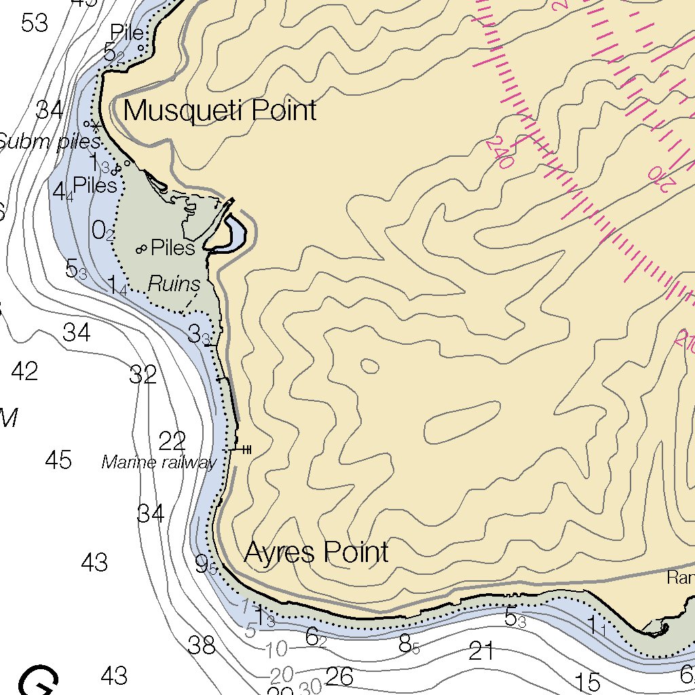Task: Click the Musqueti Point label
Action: (220, 110)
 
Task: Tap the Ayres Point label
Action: (316, 552)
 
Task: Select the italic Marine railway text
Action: (159, 463)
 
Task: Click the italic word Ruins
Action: (174, 284)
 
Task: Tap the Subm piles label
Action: (50, 142)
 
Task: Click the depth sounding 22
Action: (172, 441)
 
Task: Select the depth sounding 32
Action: (143, 375)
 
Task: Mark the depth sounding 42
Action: (24, 371)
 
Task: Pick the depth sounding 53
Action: (34, 23)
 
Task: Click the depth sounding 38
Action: (202, 645)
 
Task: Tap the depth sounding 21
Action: (481, 652)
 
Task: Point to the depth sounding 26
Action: (339, 676)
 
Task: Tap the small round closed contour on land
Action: (370, 366)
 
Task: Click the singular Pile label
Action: (127, 33)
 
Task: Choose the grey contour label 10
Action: (276, 650)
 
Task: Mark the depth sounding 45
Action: (58, 460)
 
